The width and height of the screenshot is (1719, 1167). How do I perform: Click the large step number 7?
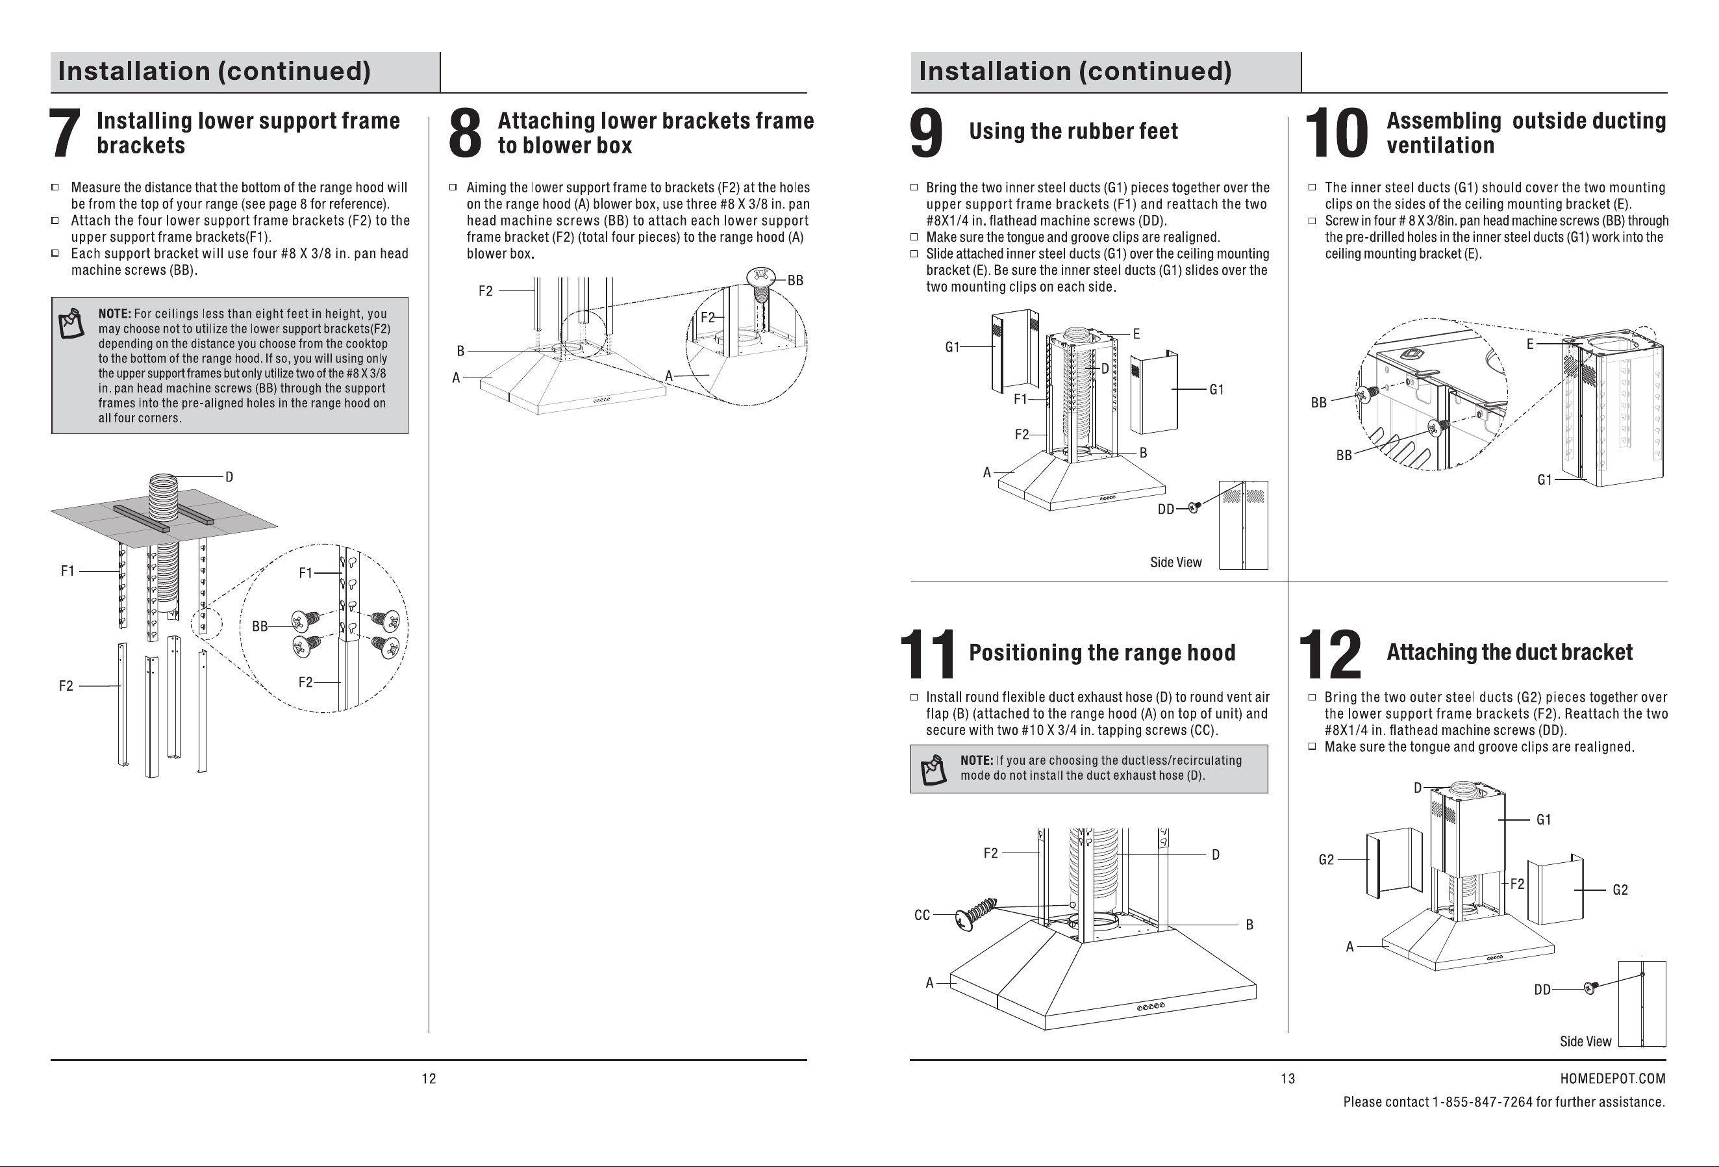pos(64,133)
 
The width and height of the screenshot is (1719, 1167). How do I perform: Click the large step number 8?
pos(465,133)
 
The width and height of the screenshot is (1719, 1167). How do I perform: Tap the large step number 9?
pos(926,133)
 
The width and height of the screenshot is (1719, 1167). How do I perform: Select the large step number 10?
pos(1336,133)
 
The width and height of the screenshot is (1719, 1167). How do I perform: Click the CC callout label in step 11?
pos(922,916)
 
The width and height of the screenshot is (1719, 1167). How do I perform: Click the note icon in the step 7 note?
pos(71,324)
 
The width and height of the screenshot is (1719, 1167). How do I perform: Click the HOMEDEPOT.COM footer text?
pos(1612,1079)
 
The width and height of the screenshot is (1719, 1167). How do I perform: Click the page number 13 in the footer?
pos(1288,1079)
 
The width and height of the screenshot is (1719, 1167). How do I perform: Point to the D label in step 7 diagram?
pos(229,478)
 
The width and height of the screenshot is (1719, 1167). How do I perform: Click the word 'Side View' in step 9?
pos(1176,563)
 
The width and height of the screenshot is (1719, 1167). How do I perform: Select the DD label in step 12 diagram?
pos(1542,990)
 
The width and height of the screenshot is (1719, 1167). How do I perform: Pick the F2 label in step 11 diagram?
pos(990,853)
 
